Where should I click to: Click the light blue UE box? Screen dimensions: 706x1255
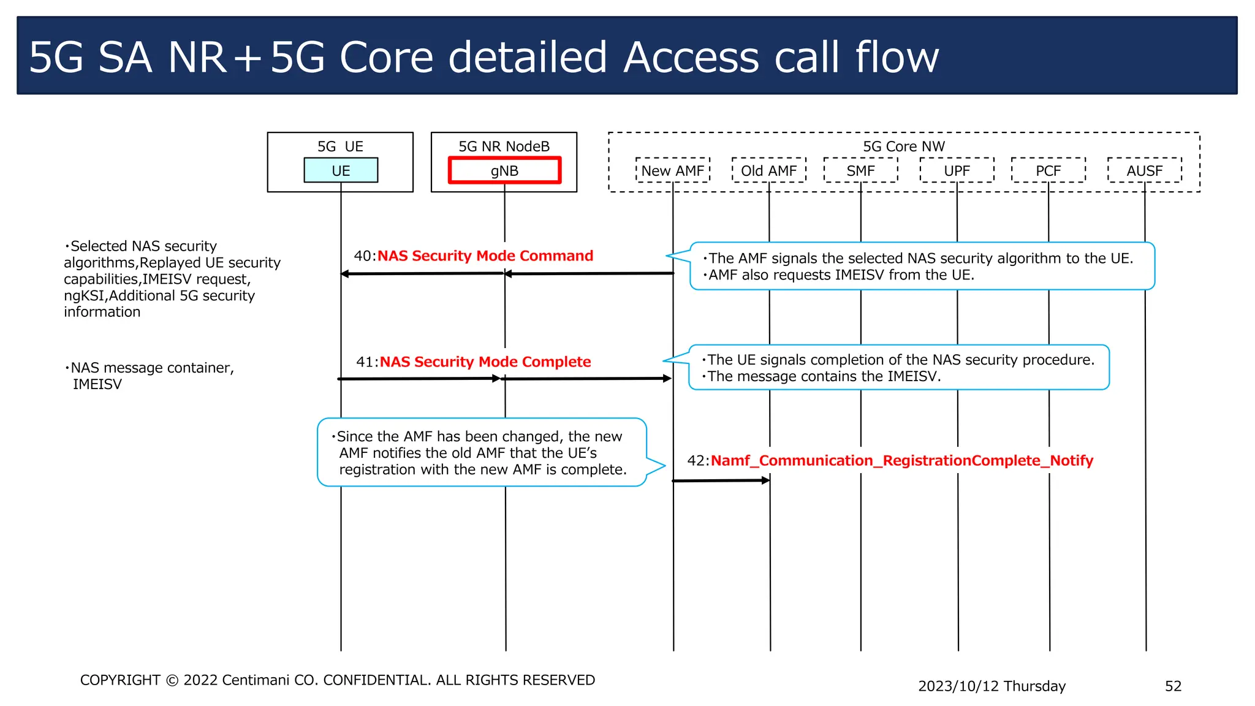click(x=341, y=170)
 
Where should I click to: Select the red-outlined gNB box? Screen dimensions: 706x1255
click(x=504, y=170)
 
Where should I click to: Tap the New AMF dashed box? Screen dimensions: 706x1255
click(x=673, y=170)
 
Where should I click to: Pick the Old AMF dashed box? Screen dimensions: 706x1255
click(x=769, y=170)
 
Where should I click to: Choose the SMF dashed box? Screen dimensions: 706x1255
click(x=860, y=170)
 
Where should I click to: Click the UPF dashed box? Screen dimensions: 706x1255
click(x=957, y=170)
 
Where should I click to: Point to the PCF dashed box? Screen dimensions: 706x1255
click(x=1048, y=170)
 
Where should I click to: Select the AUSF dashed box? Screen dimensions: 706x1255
click(x=1144, y=170)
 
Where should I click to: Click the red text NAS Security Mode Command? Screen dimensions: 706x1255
click(x=485, y=256)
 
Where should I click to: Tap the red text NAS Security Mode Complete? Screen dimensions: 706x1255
click(x=485, y=362)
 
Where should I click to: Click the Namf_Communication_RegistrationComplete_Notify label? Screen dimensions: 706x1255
click(x=901, y=460)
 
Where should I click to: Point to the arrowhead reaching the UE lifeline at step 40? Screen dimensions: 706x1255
click(x=345, y=274)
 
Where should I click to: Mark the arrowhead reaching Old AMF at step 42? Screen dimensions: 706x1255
click(x=765, y=480)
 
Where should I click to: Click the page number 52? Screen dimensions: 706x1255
click(x=1173, y=686)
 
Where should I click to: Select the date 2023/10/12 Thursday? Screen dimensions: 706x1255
click(x=991, y=686)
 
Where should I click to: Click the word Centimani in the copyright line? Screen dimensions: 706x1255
click(x=256, y=680)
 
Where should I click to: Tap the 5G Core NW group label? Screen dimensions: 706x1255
click(x=904, y=146)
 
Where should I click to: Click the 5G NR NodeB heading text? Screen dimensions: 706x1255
click(x=504, y=146)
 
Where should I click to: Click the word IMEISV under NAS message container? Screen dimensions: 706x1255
click(x=97, y=384)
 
